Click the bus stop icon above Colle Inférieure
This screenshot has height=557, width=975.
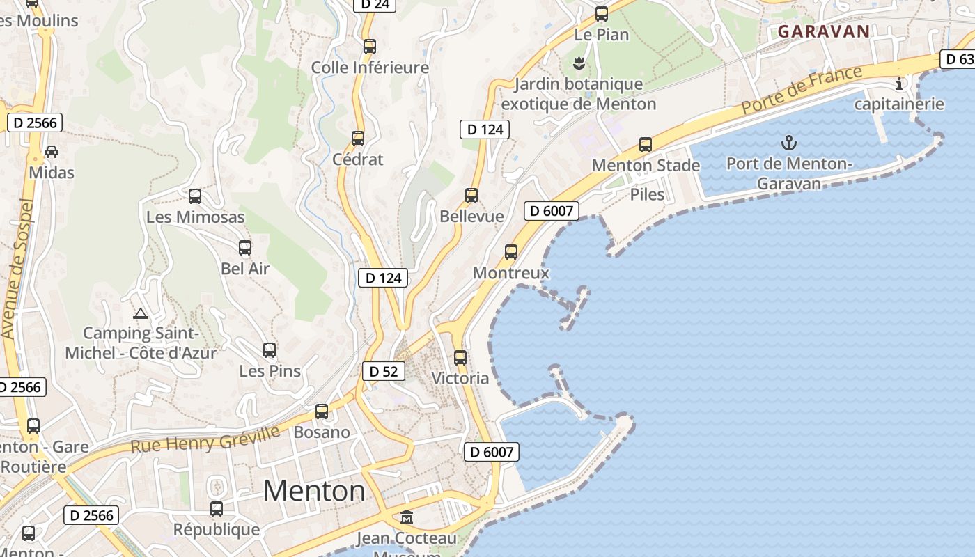370,47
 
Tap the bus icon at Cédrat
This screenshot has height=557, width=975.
358,138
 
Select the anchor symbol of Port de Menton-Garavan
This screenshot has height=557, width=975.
788,143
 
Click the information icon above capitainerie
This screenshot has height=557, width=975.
899,84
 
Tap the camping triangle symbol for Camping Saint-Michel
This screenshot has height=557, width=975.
141,313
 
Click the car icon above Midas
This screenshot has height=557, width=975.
52,151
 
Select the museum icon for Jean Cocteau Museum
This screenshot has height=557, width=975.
407,517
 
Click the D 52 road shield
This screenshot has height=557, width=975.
383,371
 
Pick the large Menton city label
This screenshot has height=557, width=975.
314,491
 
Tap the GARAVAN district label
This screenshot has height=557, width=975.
824,31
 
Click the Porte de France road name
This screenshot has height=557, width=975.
802,89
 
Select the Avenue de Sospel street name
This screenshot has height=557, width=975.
18,268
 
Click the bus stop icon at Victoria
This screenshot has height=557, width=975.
460,358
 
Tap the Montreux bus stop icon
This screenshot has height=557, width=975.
511,252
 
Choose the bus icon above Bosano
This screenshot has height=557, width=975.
322,411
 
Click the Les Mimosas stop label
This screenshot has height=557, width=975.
195,217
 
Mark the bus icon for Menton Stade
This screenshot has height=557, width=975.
646,145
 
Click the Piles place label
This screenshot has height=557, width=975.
647,194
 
